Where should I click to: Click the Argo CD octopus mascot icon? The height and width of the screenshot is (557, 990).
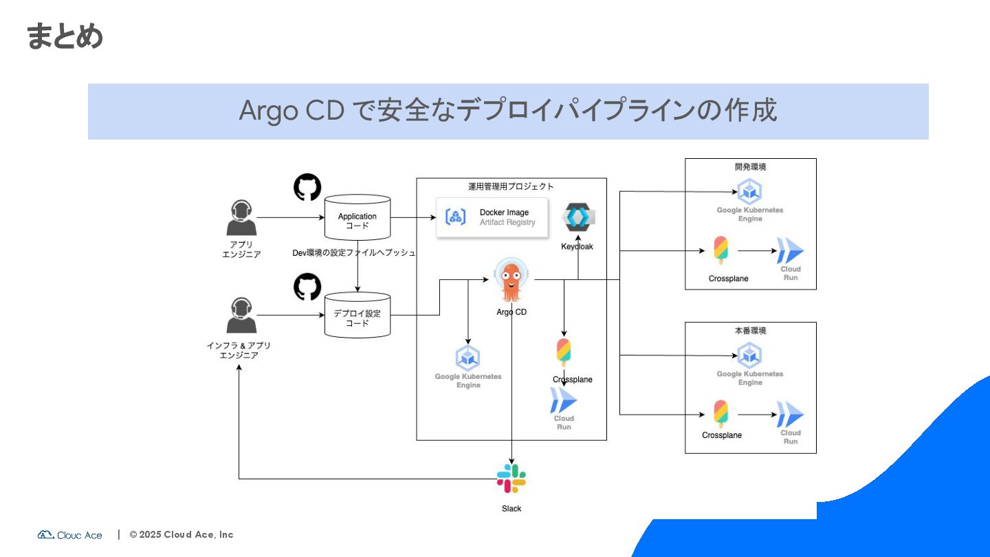pyautogui.click(x=511, y=281)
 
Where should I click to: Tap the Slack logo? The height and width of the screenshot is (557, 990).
pyautogui.click(x=511, y=479)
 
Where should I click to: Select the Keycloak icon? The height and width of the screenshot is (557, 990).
pyautogui.click(x=578, y=218)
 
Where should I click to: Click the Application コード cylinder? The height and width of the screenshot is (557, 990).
pyautogui.click(x=357, y=218)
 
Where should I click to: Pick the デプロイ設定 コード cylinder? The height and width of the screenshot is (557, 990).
pyautogui.click(x=357, y=316)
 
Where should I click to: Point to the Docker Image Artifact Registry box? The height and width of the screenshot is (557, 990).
pyautogui.click(x=492, y=217)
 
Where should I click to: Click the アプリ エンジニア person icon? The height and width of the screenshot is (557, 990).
pyautogui.click(x=241, y=218)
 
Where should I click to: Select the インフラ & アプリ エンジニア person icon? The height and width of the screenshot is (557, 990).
pyautogui.click(x=241, y=316)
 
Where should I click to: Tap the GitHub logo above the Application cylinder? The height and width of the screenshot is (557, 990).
pyautogui.click(x=307, y=188)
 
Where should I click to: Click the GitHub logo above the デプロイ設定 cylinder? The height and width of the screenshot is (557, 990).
pyautogui.click(x=307, y=287)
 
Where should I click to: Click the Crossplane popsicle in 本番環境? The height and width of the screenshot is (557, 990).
pyautogui.click(x=720, y=414)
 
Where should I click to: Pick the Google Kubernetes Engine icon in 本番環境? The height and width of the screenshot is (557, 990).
pyautogui.click(x=749, y=356)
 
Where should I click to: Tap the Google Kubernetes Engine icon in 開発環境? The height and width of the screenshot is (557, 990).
pyautogui.click(x=749, y=192)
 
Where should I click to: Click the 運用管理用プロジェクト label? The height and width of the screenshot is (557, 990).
pyautogui.click(x=511, y=186)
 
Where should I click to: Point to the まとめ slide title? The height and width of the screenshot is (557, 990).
pyautogui.click(x=65, y=36)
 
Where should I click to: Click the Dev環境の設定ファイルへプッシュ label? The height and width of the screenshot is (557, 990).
pyautogui.click(x=354, y=253)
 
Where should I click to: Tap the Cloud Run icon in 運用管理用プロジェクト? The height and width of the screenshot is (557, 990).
pyautogui.click(x=563, y=401)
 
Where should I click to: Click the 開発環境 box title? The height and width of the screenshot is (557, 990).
pyautogui.click(x=750, y=166)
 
